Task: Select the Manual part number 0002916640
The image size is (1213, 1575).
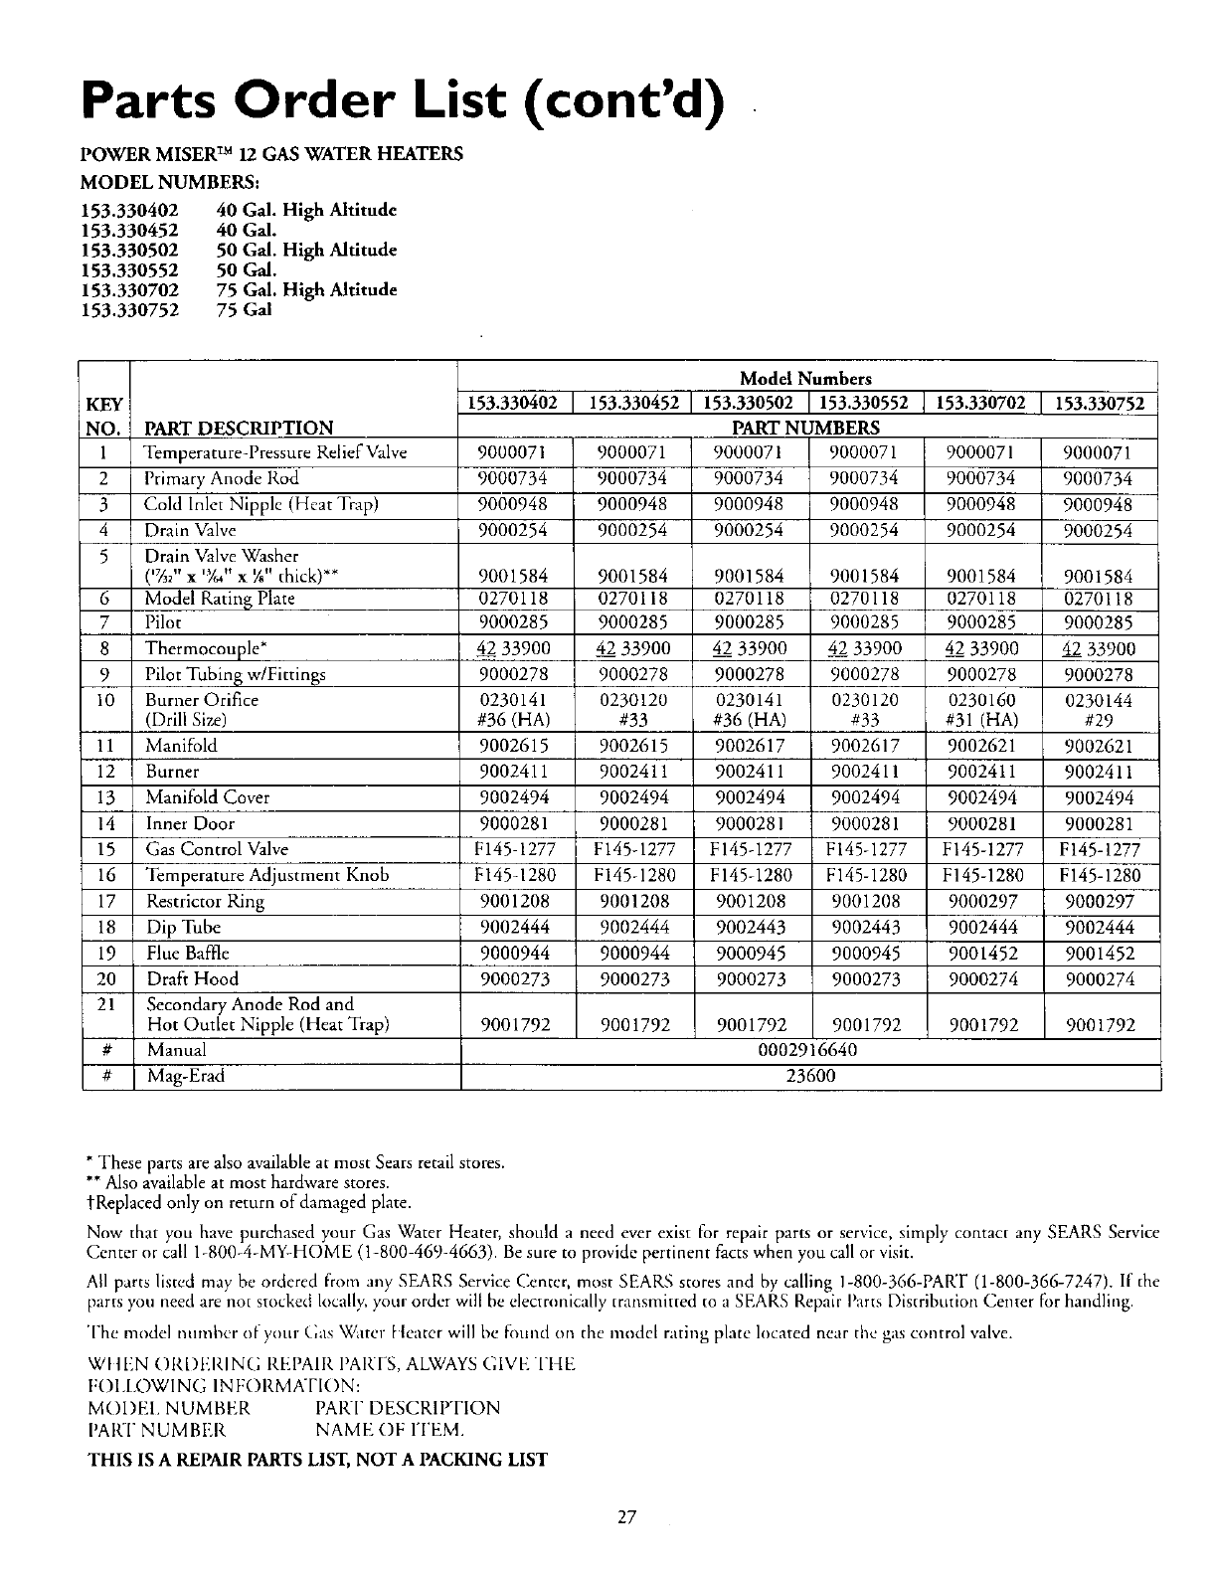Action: [807, 1050]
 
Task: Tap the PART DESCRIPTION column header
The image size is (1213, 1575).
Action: [239, 429]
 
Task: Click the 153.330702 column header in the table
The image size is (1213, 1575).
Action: [982, 404]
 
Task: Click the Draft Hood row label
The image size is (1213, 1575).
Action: [191, 979]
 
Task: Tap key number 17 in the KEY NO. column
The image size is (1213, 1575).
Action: [107, 902]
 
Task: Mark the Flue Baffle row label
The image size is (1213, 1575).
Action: [189, 954]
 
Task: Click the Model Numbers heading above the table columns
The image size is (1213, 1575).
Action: [805, 378]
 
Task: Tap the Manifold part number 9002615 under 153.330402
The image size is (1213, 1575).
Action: [514, 746]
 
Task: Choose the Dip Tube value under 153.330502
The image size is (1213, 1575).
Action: [751, 928]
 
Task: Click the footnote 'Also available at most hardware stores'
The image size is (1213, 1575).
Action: [239, 1183]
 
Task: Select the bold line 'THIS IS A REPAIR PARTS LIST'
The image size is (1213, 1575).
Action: [318, 1460]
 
